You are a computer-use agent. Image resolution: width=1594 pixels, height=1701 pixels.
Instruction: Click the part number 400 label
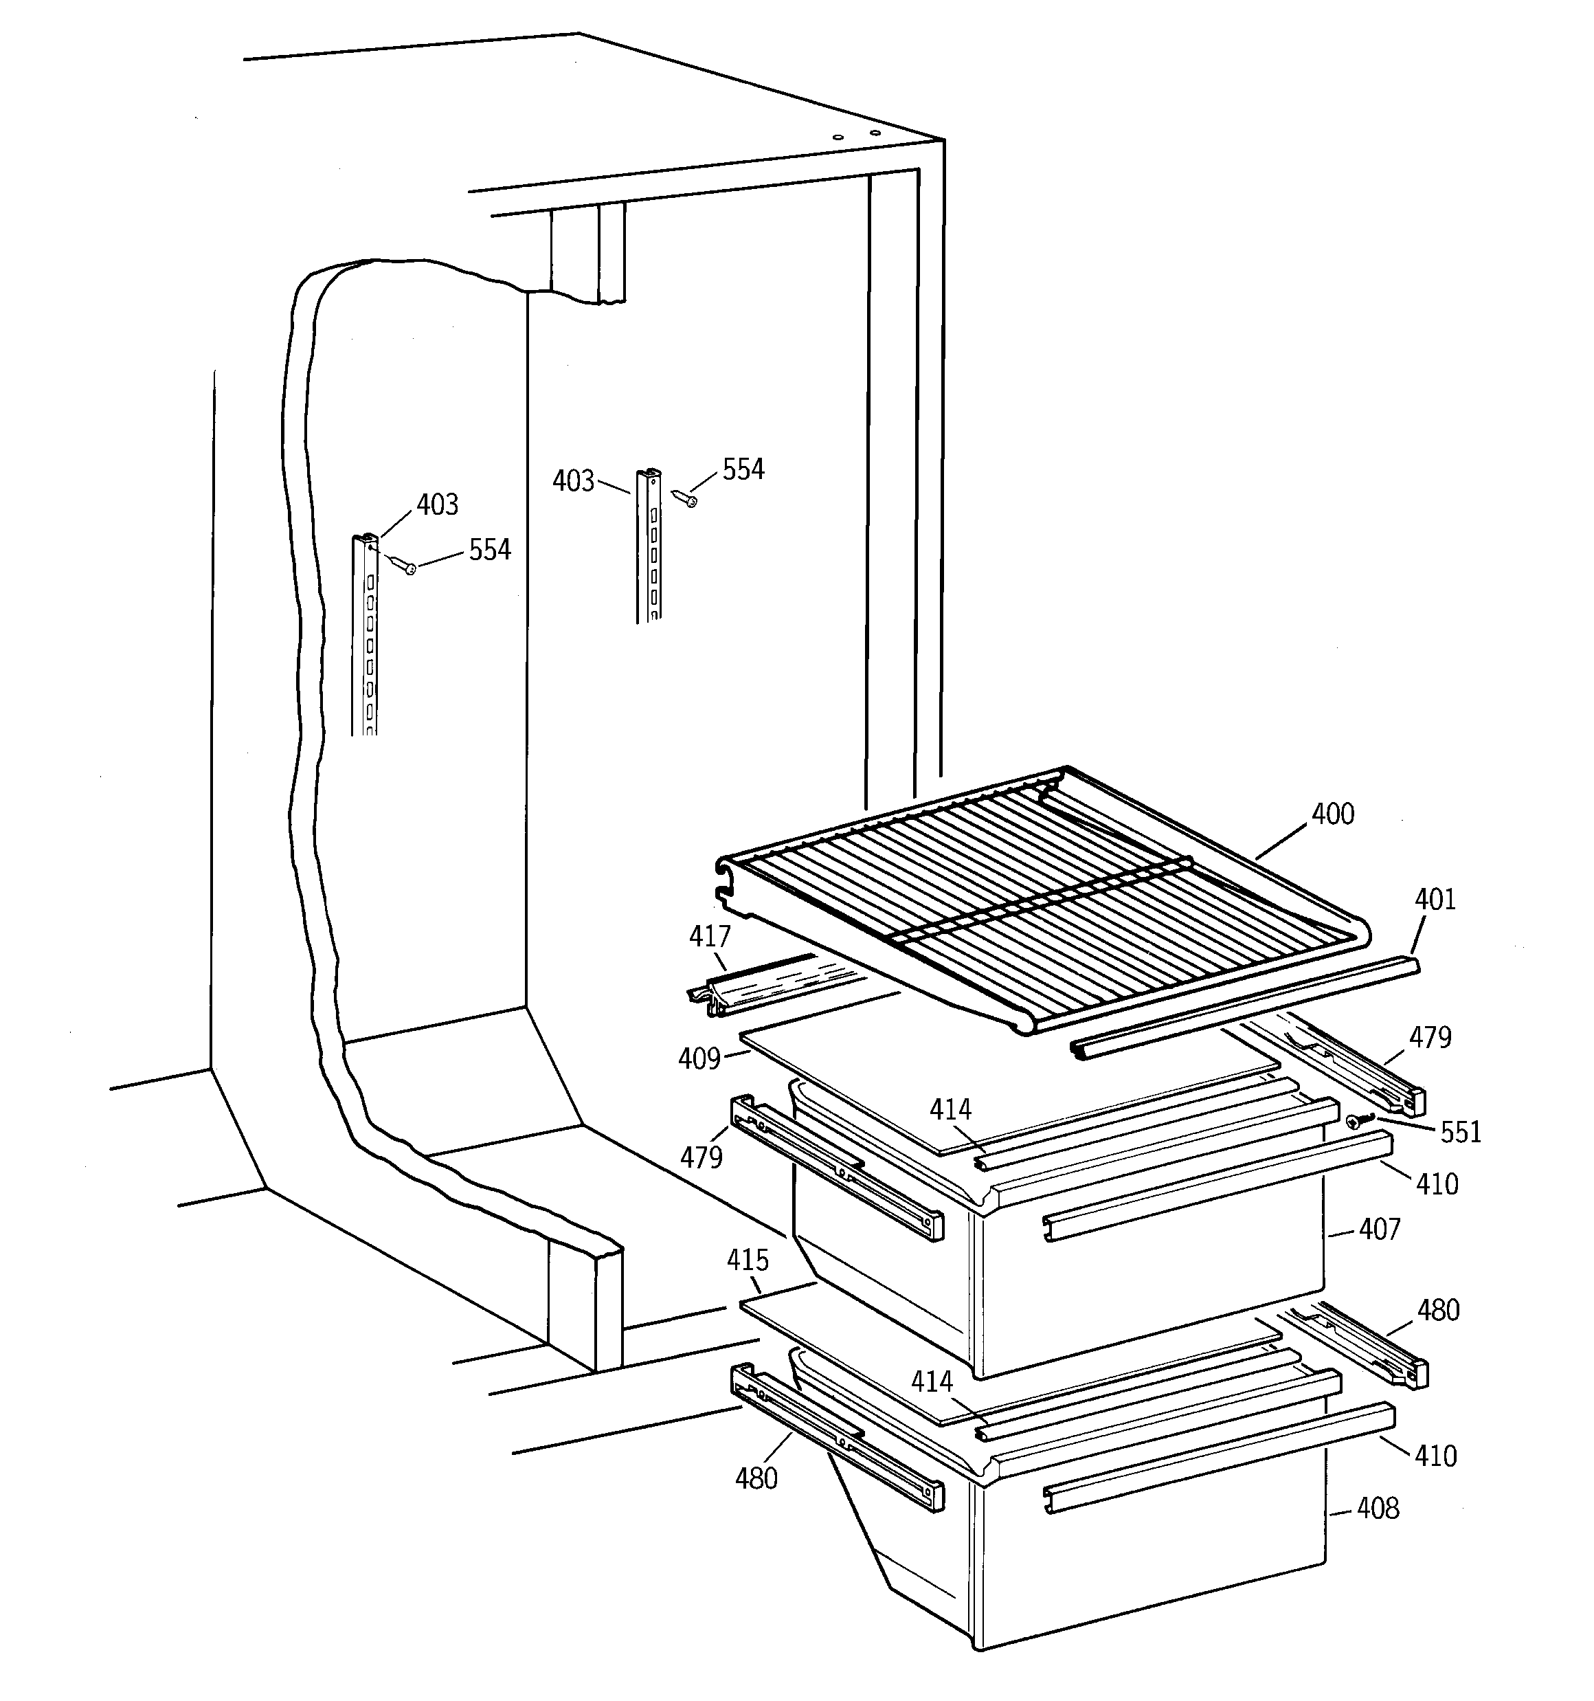1333,814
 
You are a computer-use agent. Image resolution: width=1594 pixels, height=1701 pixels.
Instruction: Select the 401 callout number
1435,899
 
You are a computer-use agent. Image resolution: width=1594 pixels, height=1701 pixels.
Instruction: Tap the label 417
710,937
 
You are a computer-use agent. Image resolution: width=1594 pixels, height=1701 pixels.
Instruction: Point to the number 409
699,1059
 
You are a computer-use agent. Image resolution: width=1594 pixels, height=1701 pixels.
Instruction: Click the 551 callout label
1461,1132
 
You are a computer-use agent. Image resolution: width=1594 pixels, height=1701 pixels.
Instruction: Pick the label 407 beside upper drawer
1379,1230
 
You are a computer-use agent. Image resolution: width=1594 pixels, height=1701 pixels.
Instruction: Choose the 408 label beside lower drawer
1378,1508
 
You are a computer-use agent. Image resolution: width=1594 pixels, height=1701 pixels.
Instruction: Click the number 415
748,1260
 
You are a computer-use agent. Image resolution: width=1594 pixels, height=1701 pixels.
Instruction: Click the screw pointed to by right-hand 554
684,497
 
